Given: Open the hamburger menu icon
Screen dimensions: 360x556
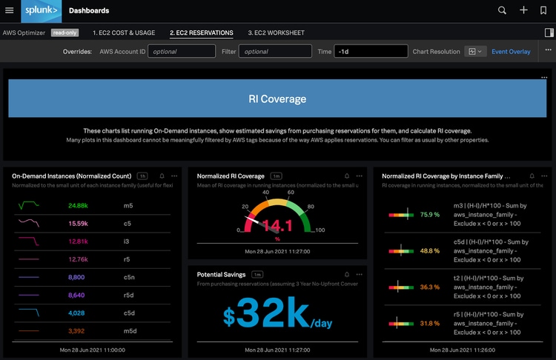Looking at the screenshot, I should (10, 10).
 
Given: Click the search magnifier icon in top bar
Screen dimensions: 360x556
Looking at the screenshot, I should (502, 10).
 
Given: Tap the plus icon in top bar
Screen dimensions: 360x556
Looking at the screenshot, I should (523, 10).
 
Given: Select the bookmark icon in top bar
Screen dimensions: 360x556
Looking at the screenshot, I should (543, 10).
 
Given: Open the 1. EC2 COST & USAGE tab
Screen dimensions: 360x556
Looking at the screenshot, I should (124, 33).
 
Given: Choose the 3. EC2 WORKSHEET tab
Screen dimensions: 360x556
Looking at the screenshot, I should (276, 33).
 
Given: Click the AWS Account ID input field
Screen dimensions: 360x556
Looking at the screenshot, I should (182, 51).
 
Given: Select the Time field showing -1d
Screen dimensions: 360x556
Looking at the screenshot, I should (371, 51).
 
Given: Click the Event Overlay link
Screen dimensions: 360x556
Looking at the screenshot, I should (511, 51).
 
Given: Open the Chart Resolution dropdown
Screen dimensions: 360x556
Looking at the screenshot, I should (475, 51).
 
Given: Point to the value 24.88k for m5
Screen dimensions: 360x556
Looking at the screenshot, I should (78, 205).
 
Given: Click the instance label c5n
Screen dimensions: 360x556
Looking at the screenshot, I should (129, 277).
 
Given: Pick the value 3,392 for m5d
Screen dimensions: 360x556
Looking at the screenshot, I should (76, 330).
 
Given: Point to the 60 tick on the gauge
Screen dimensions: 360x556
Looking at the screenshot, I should (291, 192).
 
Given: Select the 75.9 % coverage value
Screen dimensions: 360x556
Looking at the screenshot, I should (430, 214).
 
